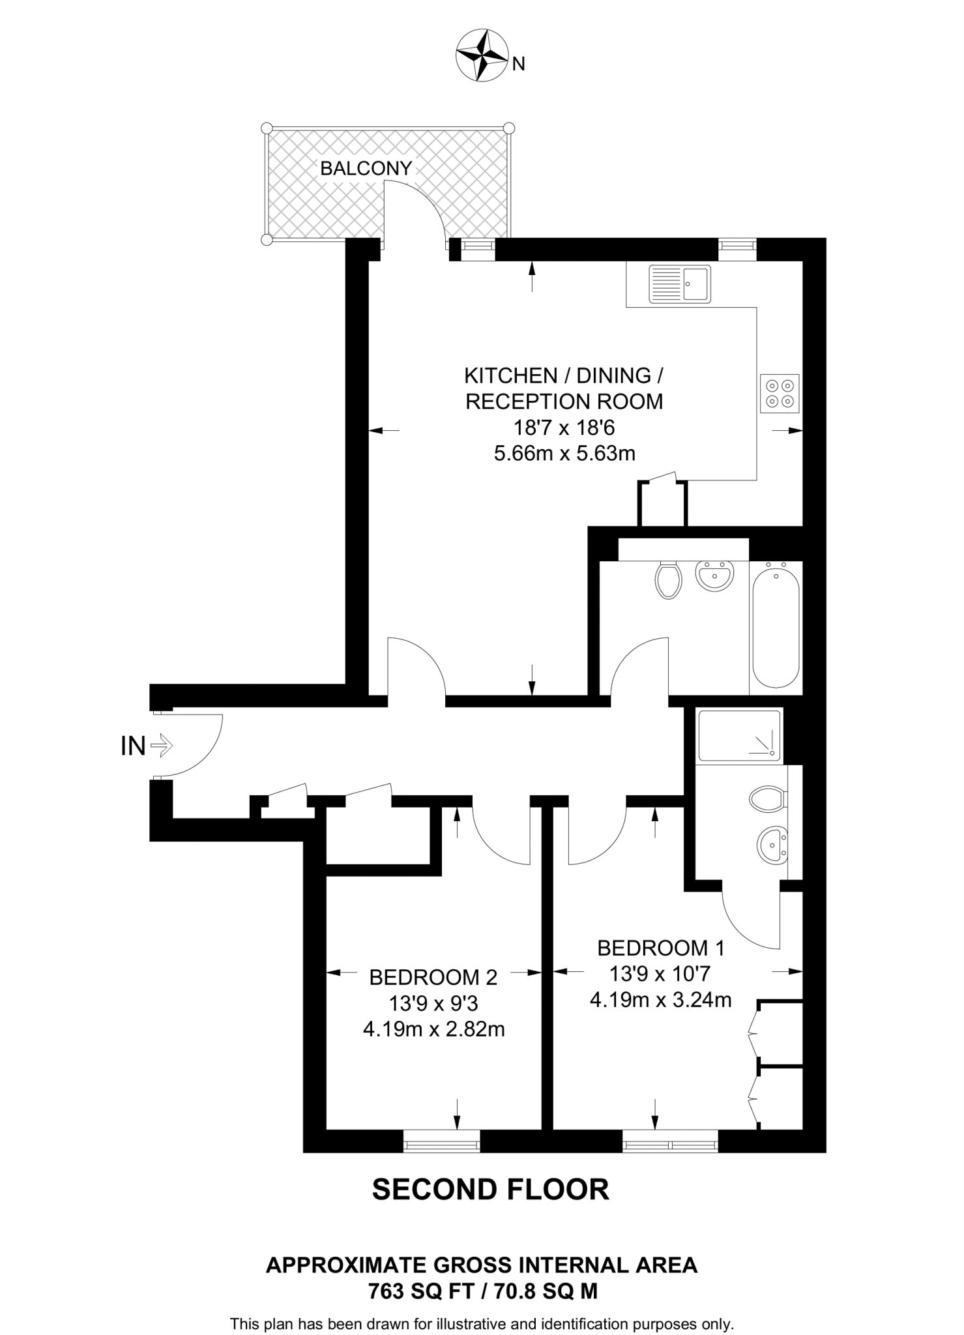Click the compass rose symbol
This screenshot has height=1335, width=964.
coord(482,55)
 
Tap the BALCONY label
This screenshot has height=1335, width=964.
coord(366,168)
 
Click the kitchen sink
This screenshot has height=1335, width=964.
coord(679,284)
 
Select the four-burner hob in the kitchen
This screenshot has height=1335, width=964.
coord(780,393)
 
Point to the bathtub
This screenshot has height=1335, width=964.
coord(776,625)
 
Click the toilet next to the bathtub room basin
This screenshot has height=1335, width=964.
coord(669,579)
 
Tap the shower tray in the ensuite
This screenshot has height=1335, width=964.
coord(739,735)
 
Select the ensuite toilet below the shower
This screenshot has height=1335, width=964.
coord(768,799)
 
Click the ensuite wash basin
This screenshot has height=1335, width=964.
coord(772,845)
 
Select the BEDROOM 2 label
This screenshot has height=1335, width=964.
coord(433,977)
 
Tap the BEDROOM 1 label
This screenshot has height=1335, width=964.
coord(660,947)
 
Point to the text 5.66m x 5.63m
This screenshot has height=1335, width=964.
coord(564,453)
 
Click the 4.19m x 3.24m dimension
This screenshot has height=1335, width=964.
coord(660,999)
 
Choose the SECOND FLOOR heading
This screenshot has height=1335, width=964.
coord(490,1190)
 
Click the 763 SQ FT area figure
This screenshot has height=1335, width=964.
coord(419,1291)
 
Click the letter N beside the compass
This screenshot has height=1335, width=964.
coord(519,64)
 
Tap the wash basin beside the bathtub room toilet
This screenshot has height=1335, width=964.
coord(715,576)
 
